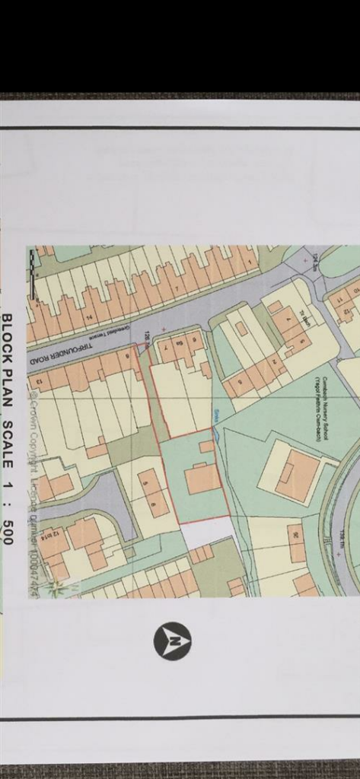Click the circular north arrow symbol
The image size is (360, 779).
click(172, 641)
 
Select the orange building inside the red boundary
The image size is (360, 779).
click(202, 479)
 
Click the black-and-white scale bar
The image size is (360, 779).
click(32, 274)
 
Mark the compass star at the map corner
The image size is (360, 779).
click(54, 587)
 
